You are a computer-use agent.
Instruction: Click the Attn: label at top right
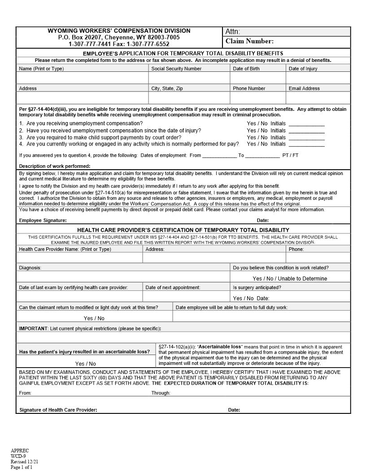pos(232,31)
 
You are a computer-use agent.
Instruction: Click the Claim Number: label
pos(249,41)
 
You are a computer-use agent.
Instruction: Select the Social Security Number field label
pos(176,69)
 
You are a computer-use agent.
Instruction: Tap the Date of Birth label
pos(246,69)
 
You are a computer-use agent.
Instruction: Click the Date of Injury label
pos(303,69)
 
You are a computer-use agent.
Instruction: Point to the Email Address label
pos(304,88)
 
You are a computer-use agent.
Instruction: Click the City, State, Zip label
pos(167,88)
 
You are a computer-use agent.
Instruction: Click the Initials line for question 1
pos(306,123)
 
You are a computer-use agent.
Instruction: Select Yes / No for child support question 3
pos(257,137)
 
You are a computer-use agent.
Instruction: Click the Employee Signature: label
pos(43,220)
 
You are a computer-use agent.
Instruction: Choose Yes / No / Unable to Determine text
pos(290,279)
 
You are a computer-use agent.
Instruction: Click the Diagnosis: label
pos(30,268)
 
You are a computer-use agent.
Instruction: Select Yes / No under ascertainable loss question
pos(85,364)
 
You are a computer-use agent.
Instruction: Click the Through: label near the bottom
pos(161,393)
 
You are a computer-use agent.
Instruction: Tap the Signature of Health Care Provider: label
pos(58,410)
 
